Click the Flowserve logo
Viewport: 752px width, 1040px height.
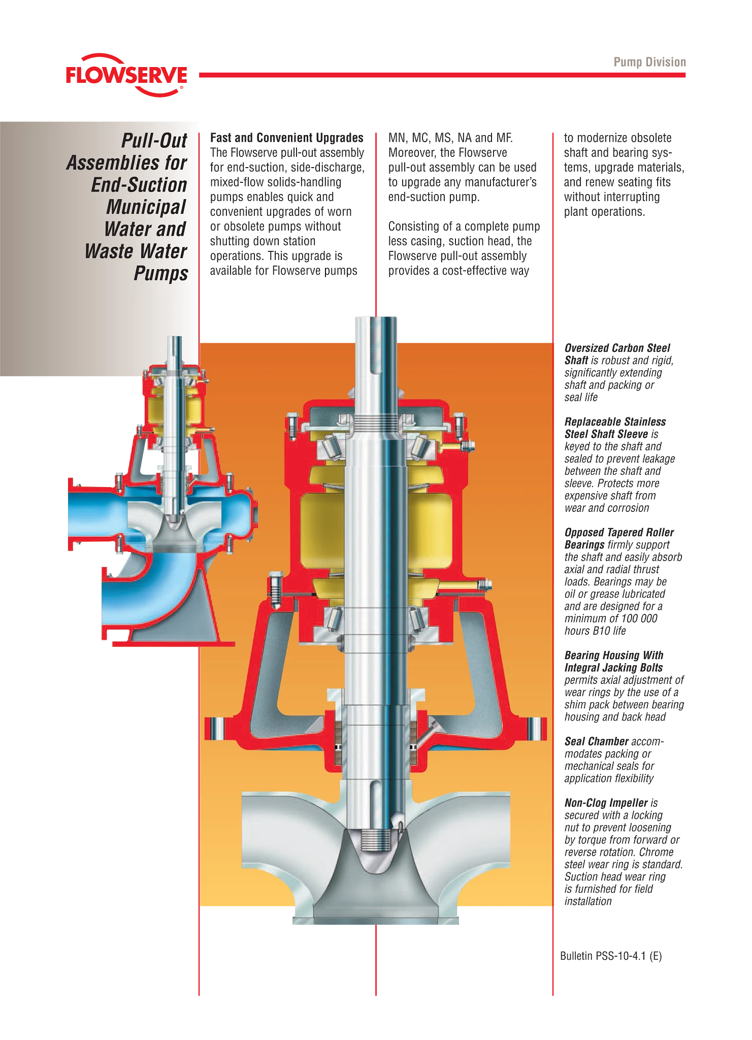pyautogui.click(x=126, y=75)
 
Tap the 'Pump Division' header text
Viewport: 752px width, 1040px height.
pyautogui.click(x=649, y=62)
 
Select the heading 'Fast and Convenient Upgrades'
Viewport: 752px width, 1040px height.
pyautogui.click(x=287, y=138)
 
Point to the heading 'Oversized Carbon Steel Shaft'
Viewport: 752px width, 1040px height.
pyautogui.click(x=617, y=354)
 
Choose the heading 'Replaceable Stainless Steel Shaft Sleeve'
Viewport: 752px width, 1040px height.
pyautogui.click(x=615, y=428)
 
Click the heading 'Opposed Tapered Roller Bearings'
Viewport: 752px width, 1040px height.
pyautogui.click(x=619, y=538)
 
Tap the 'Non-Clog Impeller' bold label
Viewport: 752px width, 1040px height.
pyautogui.click(x=606, y=803)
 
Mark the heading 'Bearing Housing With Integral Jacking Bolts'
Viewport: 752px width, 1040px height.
pyautogui.click(x=614, y=661)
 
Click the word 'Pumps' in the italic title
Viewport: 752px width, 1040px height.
pyautogui.click(x=161, y=274)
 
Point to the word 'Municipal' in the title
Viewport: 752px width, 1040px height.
pyautogui.click(x=146, y=207)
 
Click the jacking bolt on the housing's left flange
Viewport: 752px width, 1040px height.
pyautogui.click(x=275, y=589)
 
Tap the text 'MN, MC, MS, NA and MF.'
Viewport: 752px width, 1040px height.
pyautogui.click(x=450, y=138)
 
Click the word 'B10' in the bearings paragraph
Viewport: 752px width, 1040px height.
pyautogui.click(x=601, y=631)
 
